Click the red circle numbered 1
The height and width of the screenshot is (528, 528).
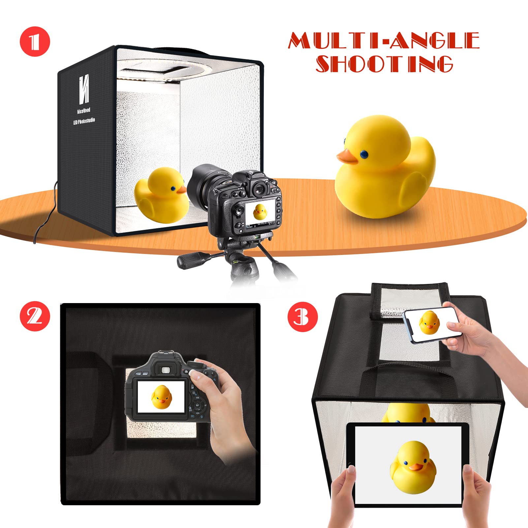point(35,42)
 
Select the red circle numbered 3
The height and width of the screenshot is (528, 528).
point(302,317)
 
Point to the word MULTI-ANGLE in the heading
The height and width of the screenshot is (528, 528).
point(384,40)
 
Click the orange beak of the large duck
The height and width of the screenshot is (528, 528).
point(347,157)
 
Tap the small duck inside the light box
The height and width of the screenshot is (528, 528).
point(162,195)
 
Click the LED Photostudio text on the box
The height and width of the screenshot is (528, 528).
point(84,121)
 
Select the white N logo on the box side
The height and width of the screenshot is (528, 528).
point(84,89)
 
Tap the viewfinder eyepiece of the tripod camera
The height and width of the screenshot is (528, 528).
point(260,189)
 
